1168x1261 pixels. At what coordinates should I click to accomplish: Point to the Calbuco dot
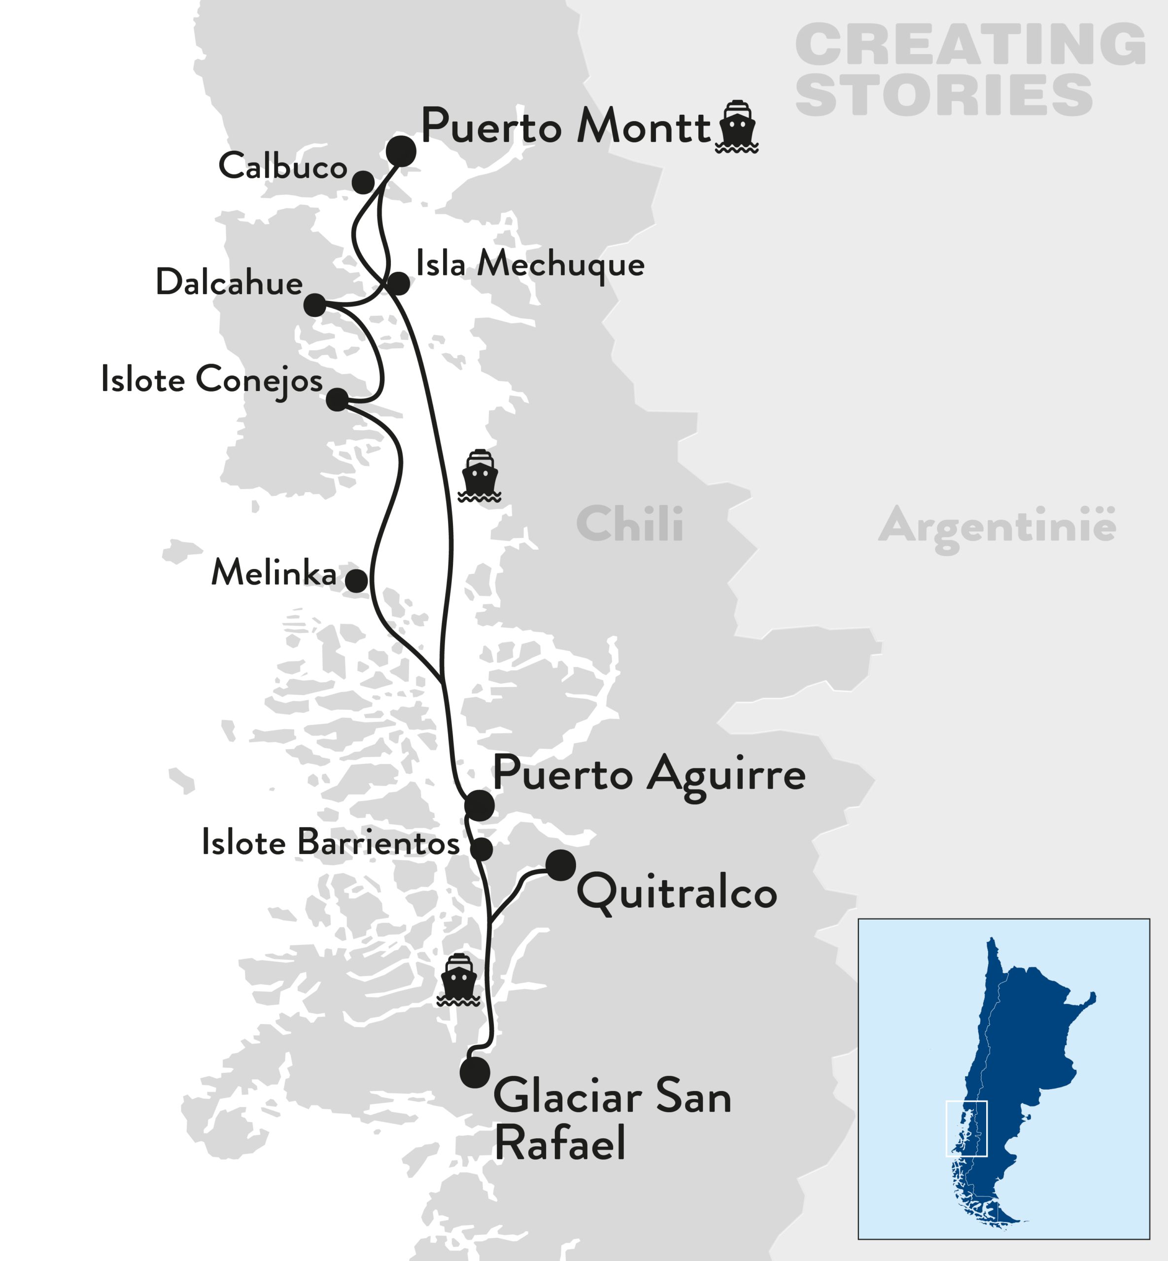coord(363,183)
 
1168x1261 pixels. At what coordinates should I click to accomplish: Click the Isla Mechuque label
coord(530,264)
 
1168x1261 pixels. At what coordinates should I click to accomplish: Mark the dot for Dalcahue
coord(315,305)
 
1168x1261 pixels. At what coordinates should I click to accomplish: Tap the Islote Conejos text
coord(212,380)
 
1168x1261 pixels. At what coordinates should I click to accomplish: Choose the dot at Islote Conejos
coord(337,399)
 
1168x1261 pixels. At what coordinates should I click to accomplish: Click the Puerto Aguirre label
coord(649,773)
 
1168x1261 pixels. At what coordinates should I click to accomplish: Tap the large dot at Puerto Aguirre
coord(479,805)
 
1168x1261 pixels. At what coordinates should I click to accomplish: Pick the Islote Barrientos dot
coord(481,850)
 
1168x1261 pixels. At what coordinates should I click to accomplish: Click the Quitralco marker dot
coord(561,865)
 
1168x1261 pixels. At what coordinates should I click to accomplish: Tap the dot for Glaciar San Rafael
coord(475,1072)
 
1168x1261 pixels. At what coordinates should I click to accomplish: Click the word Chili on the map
coord(629,524)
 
